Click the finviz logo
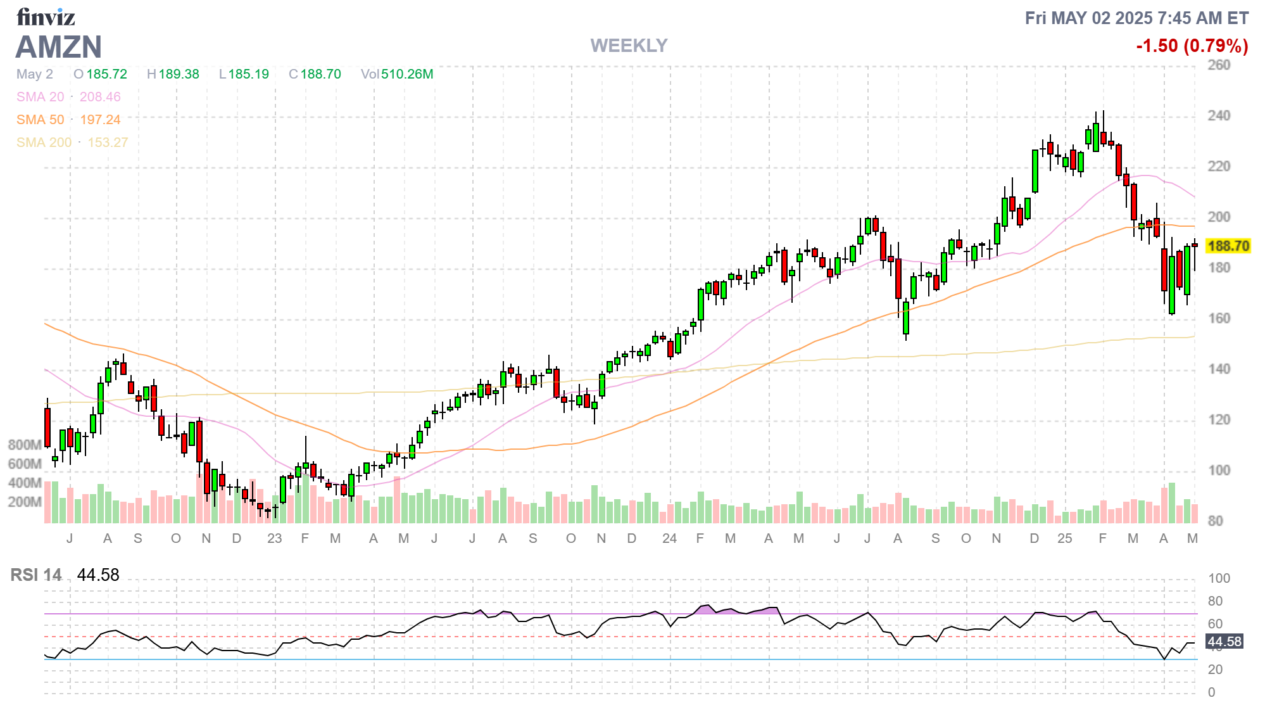[x=46, y=17]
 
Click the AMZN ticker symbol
[x=59, y=47]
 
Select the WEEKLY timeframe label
[x=629, y=46]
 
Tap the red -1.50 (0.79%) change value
[x=1192, y=46]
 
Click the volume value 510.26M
[x=406, y=74]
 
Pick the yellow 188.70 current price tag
[x=1228, y=246]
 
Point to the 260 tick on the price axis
[x=1219, y=65]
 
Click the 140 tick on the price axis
[x=1219, y=369]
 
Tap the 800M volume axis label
[x=25, y=445]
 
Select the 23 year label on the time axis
[x=274, y=538]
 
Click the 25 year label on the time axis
[x=1064, y=538]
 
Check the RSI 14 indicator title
[x=36, y=575]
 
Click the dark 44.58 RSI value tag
[x=1224, y=642]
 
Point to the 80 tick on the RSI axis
[x=1215, y=601]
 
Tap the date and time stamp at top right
[x=1136, y=18]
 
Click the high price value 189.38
[x=179, y=74]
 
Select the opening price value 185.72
[x=106, y=74]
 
